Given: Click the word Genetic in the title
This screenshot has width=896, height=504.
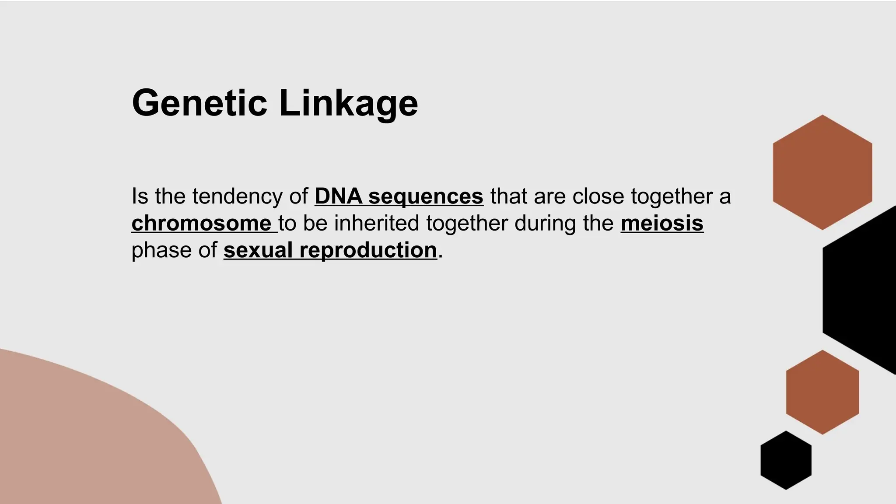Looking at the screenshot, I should coord(199,103).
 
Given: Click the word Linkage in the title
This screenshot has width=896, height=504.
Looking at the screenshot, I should coord(348,103).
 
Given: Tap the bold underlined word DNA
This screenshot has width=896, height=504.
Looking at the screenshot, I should coord(338,196).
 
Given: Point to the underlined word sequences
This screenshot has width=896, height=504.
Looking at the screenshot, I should coord(425,197).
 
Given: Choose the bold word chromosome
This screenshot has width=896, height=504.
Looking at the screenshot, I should coord(202,223).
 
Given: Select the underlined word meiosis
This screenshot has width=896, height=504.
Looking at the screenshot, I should coord(661,223).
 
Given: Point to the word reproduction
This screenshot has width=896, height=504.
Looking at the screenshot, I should coord(368,251).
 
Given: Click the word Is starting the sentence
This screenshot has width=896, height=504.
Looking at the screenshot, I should coord(140,196).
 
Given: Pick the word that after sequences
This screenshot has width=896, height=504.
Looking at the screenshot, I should coord(508,196).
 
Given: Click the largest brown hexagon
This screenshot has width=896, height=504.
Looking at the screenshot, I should coord(822,172).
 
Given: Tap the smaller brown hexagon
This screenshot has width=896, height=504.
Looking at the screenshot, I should coord(822,392).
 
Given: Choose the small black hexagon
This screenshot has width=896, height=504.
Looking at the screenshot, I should coord(786,460).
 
